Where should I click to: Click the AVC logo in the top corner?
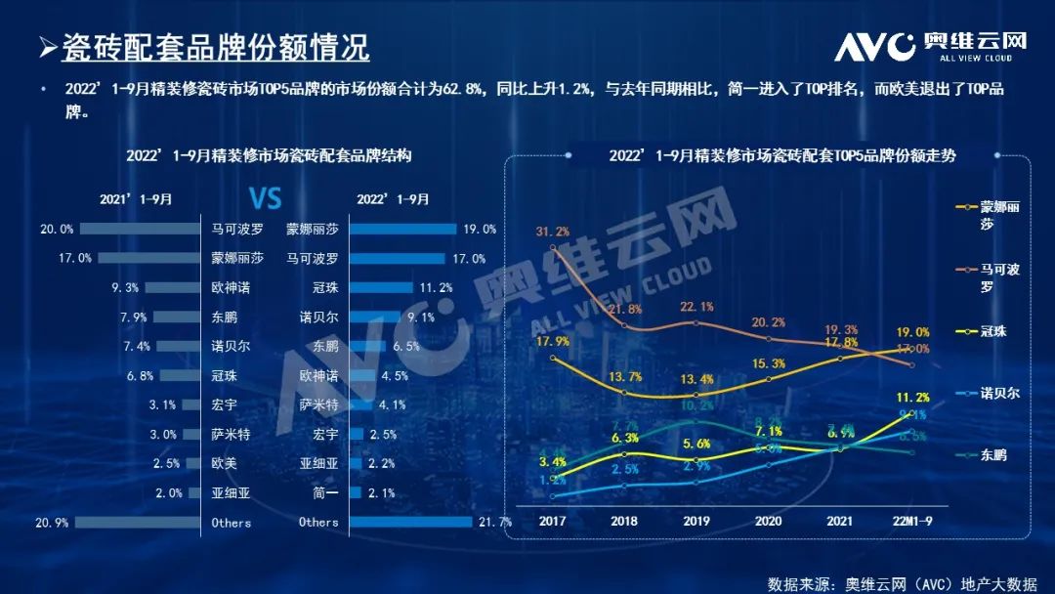(x=931, y=45)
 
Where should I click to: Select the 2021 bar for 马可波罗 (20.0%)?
(x=140, y=230)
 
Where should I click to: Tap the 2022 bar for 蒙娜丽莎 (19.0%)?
(x=402, y=230)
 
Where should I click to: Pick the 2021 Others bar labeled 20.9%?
(x=138, y=523)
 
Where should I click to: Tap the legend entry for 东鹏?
(x=990, y=454)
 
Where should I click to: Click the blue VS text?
(x=265, y=199)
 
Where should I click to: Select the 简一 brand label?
(x=325, y=493)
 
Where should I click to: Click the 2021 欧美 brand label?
(x=224, y=464)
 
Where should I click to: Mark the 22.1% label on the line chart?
(x=696, y=308)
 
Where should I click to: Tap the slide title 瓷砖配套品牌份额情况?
(x=215, y=47)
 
